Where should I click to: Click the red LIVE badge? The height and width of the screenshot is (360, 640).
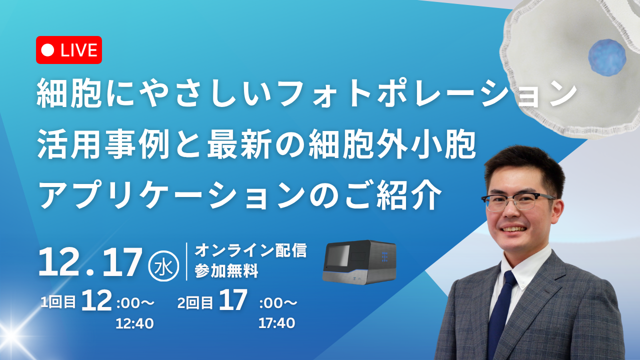coord(69,50)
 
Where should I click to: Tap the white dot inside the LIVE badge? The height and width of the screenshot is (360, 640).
coord(48,50)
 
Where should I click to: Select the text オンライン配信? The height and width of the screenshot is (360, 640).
coord(250,250)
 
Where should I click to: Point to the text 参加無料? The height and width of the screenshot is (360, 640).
coord(226,272)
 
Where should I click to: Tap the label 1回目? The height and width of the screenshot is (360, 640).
coord(58,302)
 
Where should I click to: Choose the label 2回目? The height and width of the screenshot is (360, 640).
coord(195,303)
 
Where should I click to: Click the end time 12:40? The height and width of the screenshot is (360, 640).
coord(134,324)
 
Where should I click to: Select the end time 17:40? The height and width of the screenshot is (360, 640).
coord(276,323)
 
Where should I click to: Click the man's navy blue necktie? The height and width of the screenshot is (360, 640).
coord(501,315)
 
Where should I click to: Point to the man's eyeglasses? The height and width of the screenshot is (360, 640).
coord(517,200)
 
